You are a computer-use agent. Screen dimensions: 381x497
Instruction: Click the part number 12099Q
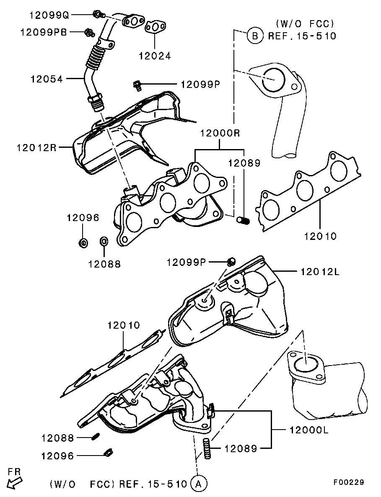click(49, 15)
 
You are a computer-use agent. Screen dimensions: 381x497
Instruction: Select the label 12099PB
click(44, 32)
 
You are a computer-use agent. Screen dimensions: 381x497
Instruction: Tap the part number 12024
click(155, 56)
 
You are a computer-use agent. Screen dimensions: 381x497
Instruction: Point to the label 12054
click(47, 79)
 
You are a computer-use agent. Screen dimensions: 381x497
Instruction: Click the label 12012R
click(36, 147)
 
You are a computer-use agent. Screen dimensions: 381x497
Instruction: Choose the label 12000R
click(220, 133)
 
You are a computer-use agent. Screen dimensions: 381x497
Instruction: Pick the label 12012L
click(320, 272)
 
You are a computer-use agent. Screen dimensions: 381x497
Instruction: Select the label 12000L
click(309, 430)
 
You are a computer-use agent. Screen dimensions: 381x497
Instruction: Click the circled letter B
click(255, 36)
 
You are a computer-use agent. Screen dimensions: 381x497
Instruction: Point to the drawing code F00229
click(349, 482)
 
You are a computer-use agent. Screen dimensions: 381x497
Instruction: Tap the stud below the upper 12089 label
click(244, 219)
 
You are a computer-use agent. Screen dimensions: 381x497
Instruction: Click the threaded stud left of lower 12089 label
click(207, 448)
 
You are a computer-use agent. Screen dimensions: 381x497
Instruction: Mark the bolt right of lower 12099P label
click(232, 262)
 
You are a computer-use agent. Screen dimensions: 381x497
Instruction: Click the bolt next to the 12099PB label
click(89, 32)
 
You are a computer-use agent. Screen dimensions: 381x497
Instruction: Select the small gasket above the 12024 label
click(156, 27)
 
